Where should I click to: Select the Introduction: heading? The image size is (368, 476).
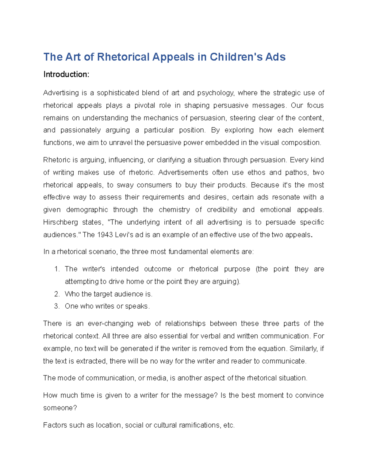pyautogui.click(x=66, y=74)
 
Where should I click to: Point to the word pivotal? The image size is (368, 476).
pyautogui.click(x=145, y=105)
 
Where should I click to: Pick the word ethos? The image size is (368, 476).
pyautogui.click(x=256, y=173)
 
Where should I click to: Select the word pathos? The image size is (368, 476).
pyautogui.click(x=296, y=173)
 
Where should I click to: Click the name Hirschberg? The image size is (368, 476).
pyautogui.click(x=60, y=222)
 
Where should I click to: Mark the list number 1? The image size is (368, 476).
pyautogui.click(x=56, y=269)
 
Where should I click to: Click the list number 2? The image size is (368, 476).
pyautogui.click(x=56, y=294)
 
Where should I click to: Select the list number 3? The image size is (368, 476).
pyautogui.click(x=56, y=307)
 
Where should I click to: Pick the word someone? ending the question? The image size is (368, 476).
pyautogui.click(x=60, y=408)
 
